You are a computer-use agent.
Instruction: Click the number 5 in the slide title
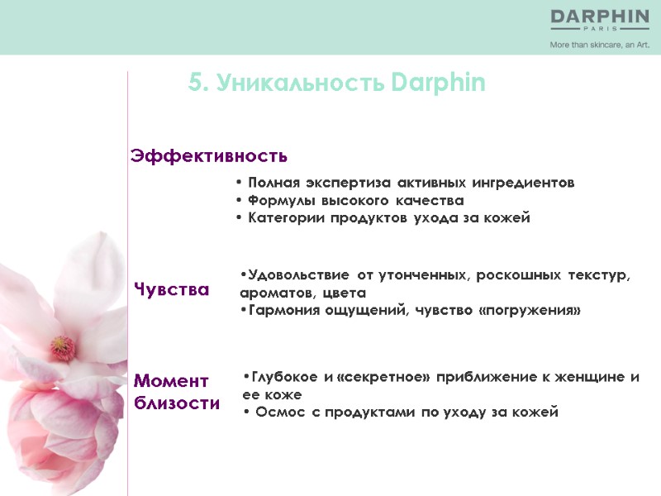196,83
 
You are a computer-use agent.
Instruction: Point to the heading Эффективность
209,155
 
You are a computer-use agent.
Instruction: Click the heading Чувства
171,289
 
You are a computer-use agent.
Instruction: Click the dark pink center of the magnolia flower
61,346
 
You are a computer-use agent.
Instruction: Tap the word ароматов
273,293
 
